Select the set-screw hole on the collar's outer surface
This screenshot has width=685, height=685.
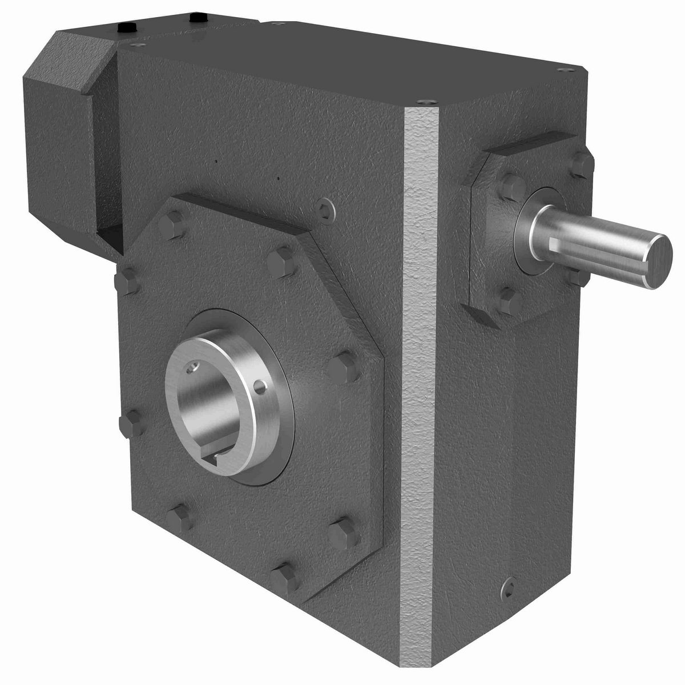261,388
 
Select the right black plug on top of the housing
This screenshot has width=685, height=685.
199,18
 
